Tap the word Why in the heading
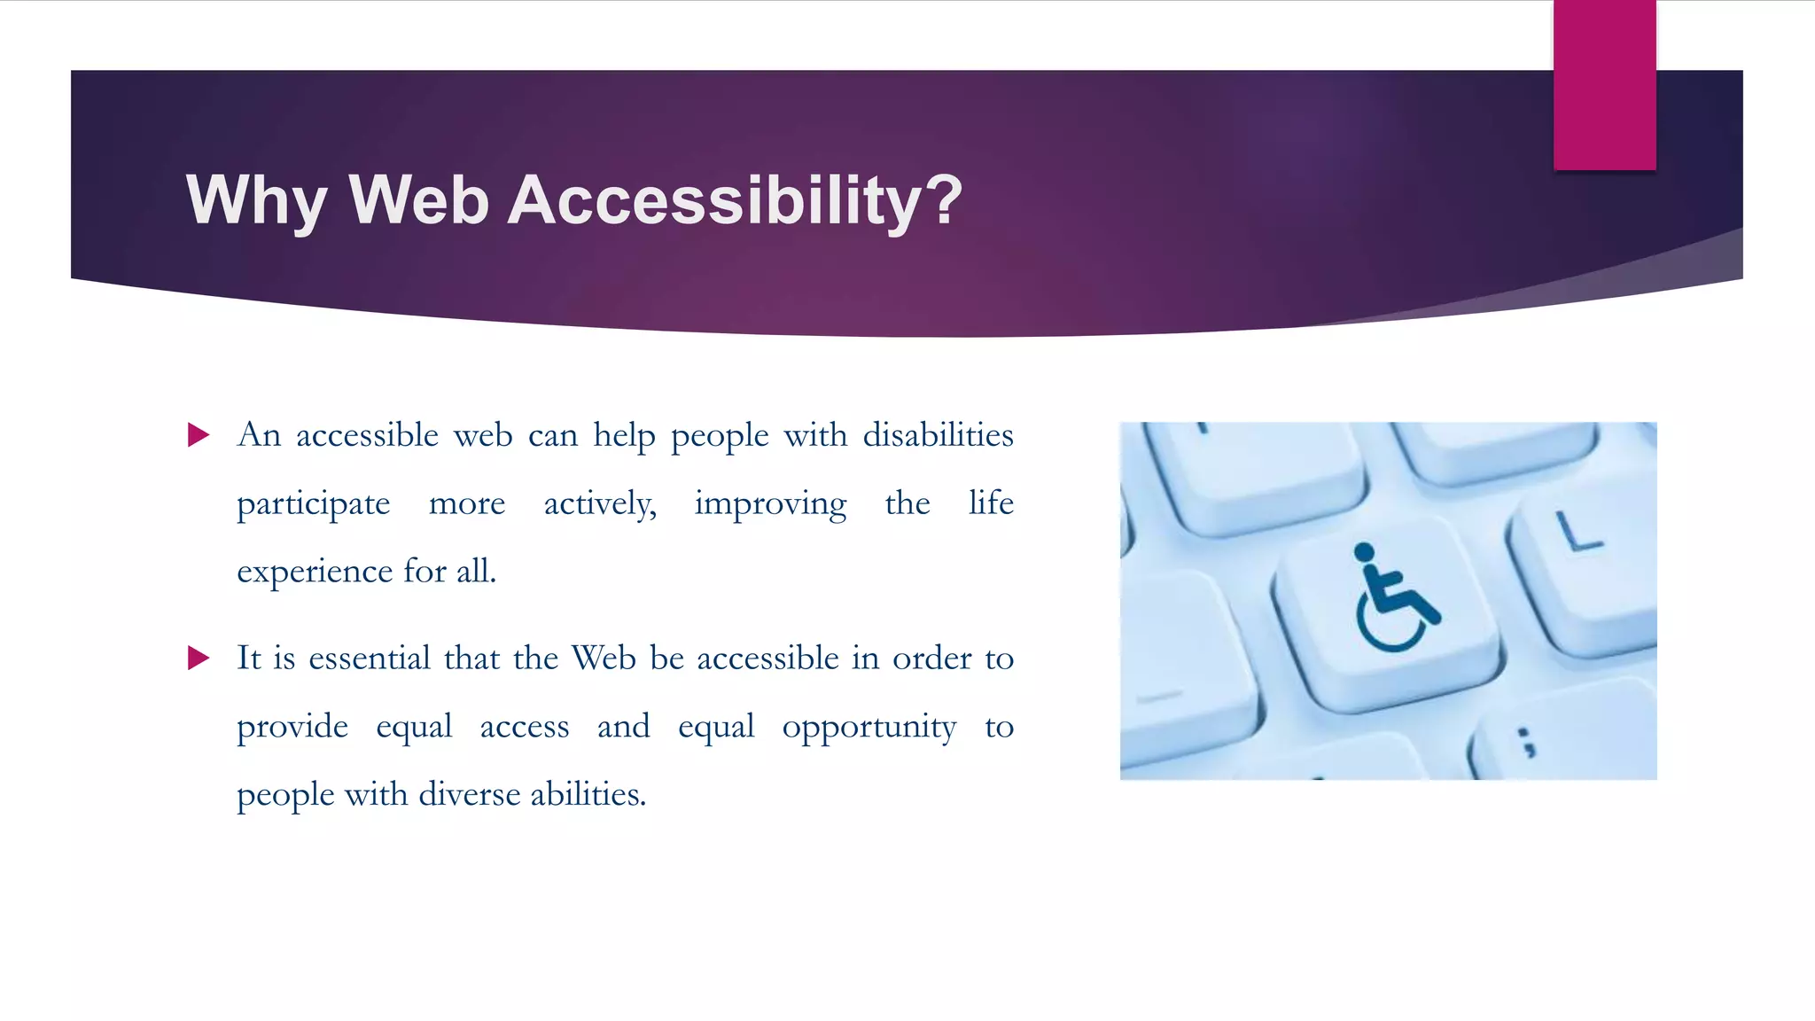(x=257, y=200)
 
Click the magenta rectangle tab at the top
(x=1604, y=85)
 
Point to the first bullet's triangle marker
(x=199, y=435)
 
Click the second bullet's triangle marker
(x=199, y=659)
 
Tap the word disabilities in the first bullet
(x=938, y=435)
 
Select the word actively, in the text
(x=600, y=503)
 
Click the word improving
(x=770, y=503)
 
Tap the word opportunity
(x=869, y=728)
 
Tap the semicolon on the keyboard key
(x=1526, y=743)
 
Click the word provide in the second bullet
(x=292, y=728)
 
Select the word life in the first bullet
(x=991, y=503)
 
